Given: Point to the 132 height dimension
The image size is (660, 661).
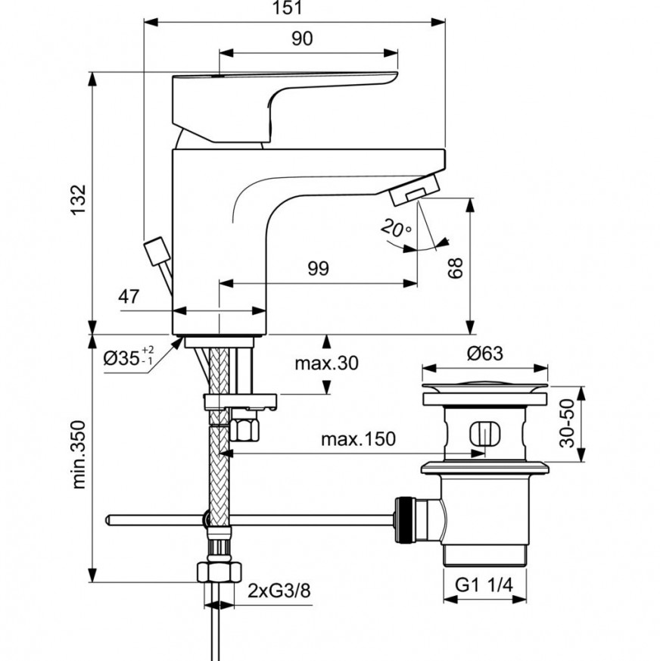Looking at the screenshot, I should (81, 200).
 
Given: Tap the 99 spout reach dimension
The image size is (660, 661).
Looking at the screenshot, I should (318, 270).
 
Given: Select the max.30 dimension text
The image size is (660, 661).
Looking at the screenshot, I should (326, 363).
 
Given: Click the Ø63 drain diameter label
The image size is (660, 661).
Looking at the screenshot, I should (484, 352).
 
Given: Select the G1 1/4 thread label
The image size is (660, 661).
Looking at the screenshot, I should (484, 584).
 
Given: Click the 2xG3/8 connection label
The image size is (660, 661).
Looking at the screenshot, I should (279, 591).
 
